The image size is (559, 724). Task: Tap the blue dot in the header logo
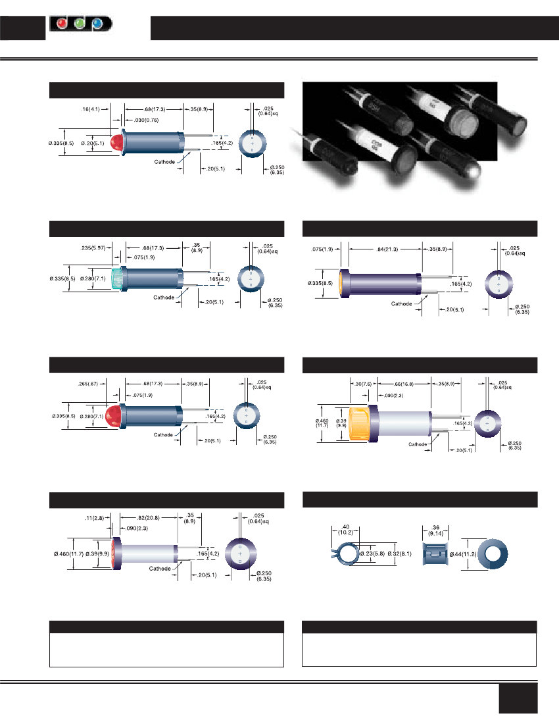(97, 24)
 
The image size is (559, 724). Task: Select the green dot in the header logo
(80, 24)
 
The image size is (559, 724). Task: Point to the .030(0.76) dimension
(148, 120)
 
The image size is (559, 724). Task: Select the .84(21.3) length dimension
(384, 249)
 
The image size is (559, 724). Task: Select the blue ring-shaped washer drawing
(493, 554)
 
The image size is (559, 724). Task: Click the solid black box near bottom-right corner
(518, 697)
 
